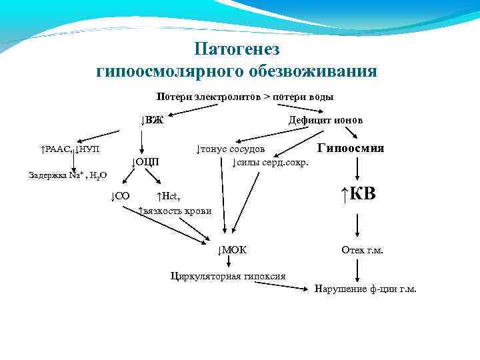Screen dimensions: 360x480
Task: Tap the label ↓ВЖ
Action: tap(153, 121)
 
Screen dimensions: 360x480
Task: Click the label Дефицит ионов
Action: tap(325, 120)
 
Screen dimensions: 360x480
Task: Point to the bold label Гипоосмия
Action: tap(351, 149)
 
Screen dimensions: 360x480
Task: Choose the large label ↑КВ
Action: tap(358, 194)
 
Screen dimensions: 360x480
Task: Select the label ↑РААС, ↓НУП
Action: tap(69, 149)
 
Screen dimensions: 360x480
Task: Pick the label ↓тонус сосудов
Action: tap(231, 149)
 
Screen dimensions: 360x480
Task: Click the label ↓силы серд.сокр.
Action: tap(270, 163)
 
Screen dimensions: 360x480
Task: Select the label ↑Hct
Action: tap(168, 196)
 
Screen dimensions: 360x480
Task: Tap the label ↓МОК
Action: tap(232, 250)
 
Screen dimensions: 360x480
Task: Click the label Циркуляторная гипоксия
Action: tap(228, 275)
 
